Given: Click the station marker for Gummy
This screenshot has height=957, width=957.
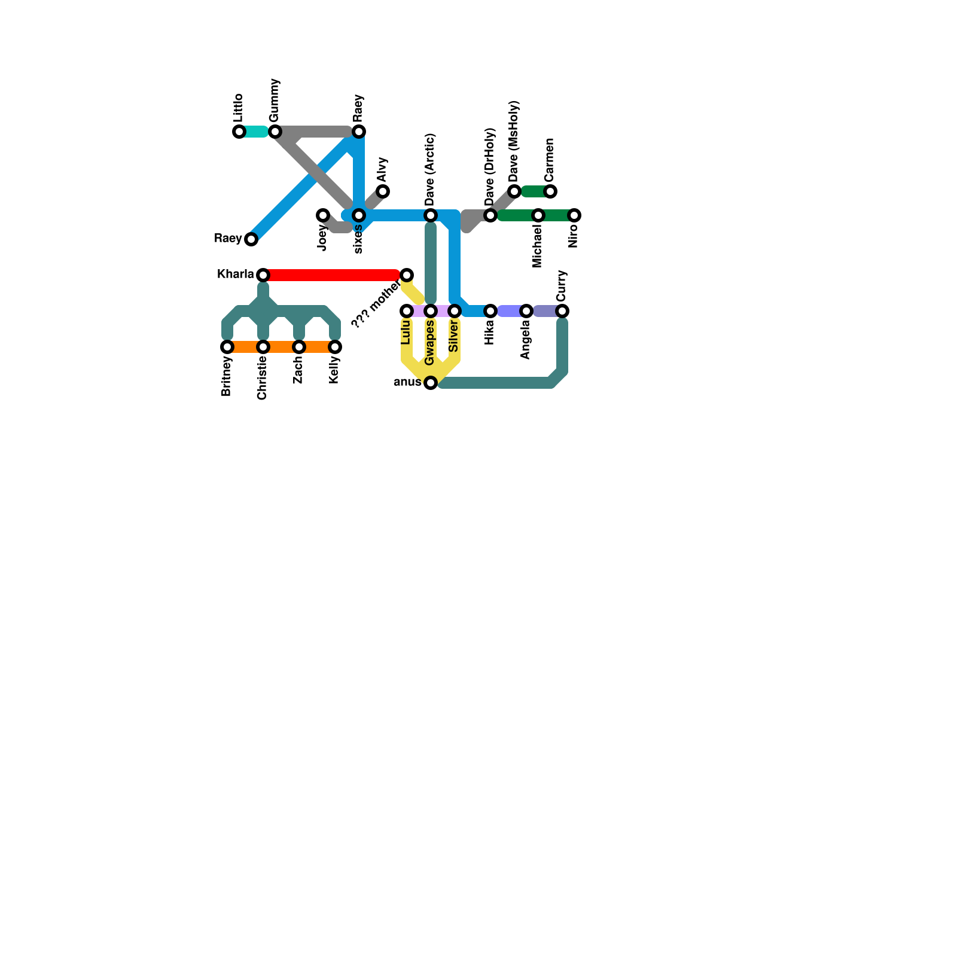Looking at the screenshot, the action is point(275,132).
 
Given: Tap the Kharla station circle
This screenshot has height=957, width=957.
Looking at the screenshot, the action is point(263,275).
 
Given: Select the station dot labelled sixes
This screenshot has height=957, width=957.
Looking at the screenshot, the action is point(359,215).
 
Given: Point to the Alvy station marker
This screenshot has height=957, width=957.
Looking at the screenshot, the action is point(383,191).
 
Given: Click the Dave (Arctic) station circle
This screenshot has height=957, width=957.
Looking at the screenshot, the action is point(431,215).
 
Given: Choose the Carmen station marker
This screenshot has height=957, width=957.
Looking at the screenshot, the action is point(550,191).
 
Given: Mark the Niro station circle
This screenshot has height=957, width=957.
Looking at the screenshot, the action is point(574,215).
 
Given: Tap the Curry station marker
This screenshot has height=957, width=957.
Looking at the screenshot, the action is point(562,311).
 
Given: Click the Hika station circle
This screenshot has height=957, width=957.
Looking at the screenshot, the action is point(490,311).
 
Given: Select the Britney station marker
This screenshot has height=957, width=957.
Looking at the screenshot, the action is point(227,347).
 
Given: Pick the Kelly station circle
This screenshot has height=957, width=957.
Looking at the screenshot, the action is point(335,347).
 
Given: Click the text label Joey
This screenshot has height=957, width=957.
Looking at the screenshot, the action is point(323,238).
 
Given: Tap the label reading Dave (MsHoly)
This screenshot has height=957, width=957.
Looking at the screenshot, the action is point(514,142).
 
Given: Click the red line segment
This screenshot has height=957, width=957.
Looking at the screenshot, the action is point(332,275).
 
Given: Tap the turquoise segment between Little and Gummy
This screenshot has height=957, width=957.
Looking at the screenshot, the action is point(256,132).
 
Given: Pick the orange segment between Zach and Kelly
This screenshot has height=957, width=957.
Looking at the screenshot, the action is point(317,347).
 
